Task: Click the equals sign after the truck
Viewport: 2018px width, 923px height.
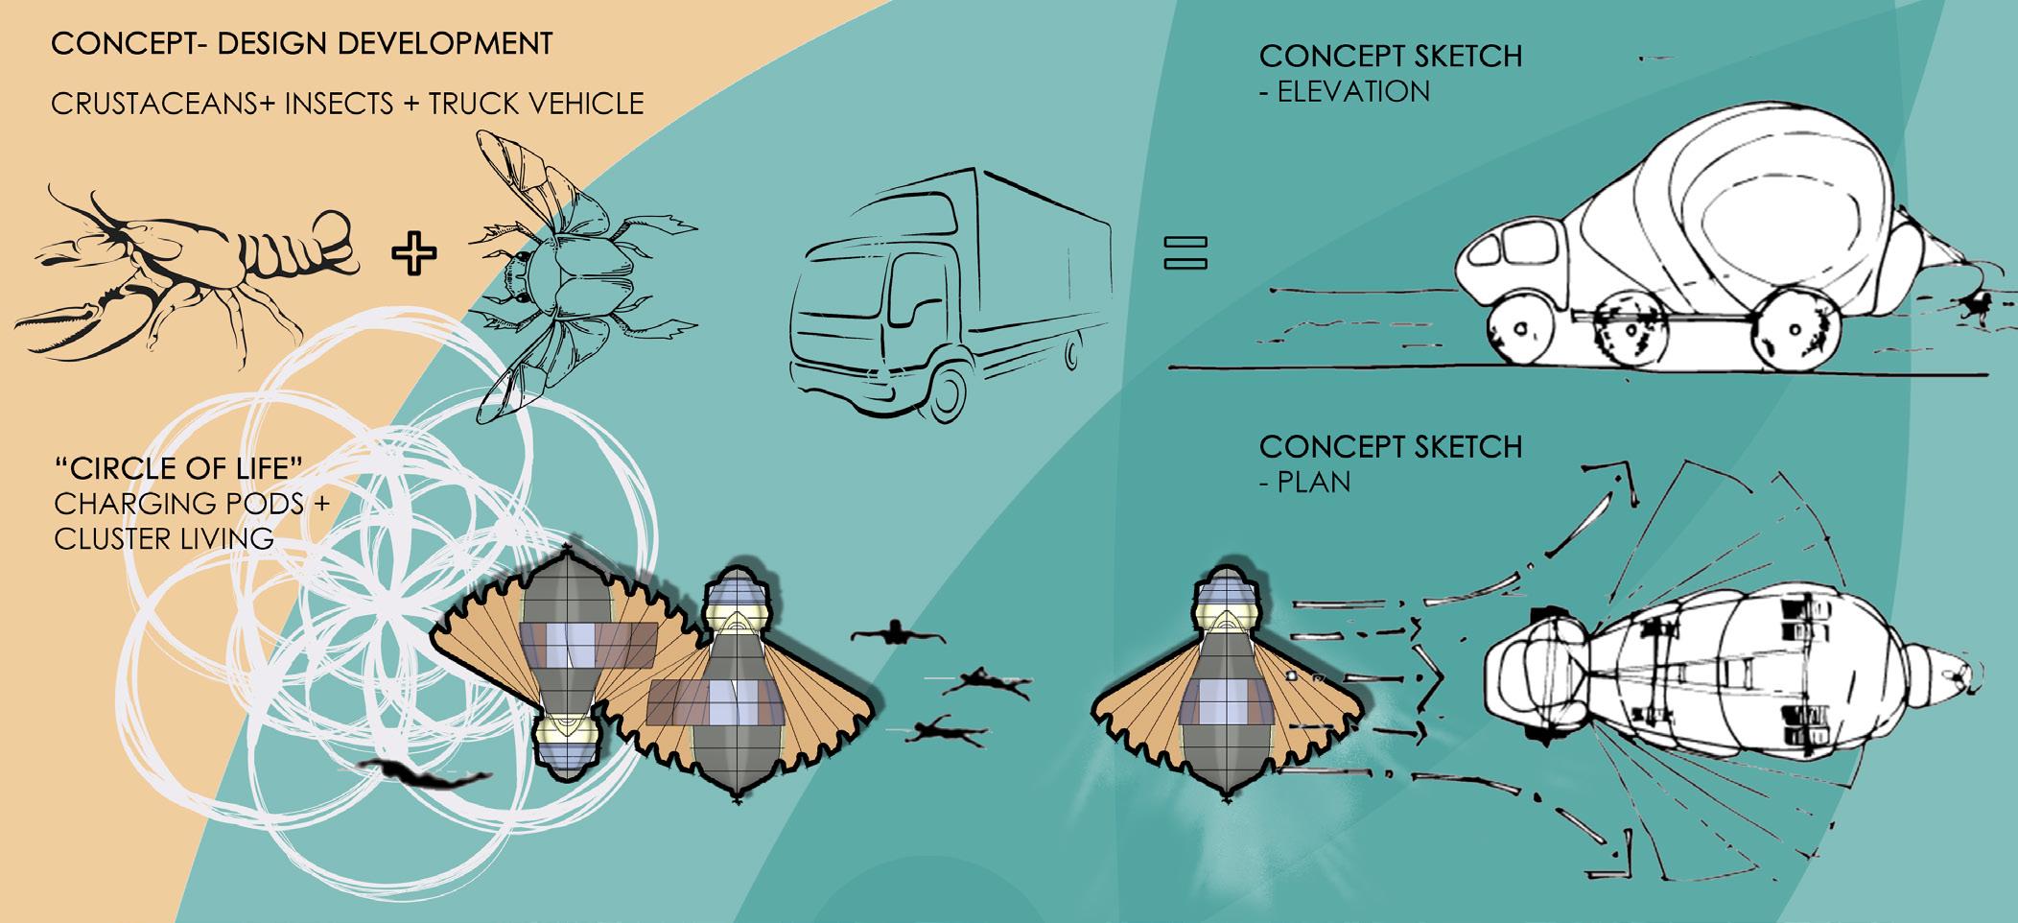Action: tap(1185, 252)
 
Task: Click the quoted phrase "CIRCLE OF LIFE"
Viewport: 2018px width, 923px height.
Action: tap(179, 469)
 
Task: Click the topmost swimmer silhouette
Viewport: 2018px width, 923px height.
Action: tap(898, 635)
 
